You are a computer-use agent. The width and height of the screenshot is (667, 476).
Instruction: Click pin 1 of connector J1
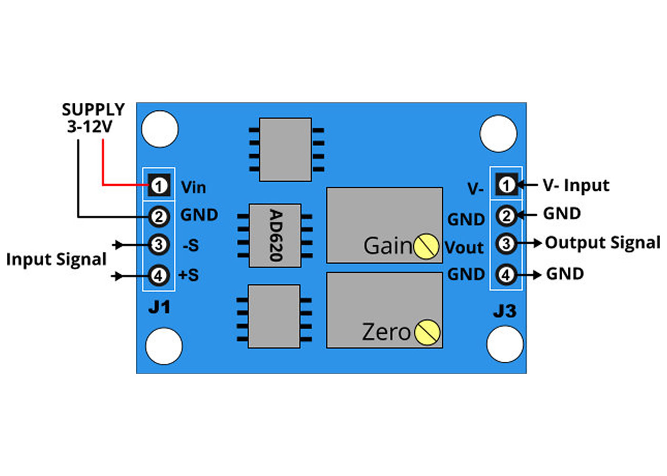159,186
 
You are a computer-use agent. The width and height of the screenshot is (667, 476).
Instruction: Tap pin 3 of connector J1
159,245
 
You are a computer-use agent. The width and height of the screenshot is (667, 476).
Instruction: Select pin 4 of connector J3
505,275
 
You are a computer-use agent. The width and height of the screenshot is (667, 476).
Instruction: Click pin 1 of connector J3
506,185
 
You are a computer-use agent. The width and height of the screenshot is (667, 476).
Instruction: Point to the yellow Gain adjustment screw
426,247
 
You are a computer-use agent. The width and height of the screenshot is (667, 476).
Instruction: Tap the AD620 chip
275,235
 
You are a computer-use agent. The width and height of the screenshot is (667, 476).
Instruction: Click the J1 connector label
159,307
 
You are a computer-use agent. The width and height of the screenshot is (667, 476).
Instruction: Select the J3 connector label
505,311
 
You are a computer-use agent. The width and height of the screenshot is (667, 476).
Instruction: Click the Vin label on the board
193,188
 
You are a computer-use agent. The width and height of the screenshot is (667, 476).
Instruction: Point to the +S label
189,275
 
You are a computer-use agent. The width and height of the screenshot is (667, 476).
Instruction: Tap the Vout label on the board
464,247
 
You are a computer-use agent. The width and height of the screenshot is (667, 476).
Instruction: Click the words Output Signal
603,243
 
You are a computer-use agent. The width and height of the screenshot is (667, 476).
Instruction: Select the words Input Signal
57,260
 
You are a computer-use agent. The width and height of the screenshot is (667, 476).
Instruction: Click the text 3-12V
90,127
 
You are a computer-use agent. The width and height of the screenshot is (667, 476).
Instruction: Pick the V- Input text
576,185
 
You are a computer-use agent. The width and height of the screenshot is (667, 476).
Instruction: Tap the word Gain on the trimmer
388,246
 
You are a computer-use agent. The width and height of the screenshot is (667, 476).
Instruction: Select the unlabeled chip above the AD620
285,149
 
